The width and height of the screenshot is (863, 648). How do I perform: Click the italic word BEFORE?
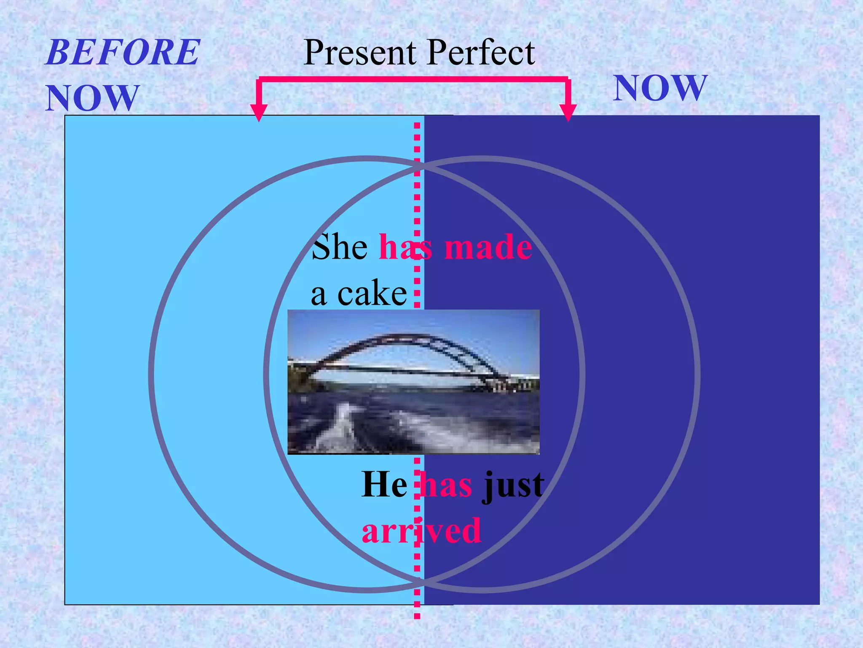pyautogui.click(x=123, y=53)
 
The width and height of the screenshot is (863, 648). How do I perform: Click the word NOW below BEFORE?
pyautogui.click(x=92, y=98)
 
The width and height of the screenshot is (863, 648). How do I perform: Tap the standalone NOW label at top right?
pyautogui.click(x=660, y=88)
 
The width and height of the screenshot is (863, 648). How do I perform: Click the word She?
pyautogui.click(x=340, y=247)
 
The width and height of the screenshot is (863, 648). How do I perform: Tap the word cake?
pyautogui.click(x=372, y=294)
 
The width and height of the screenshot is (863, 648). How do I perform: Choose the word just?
pyautogui.click(x=513, y=486)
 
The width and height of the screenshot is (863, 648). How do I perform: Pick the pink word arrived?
pyautogui.click(x=421, y=531)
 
